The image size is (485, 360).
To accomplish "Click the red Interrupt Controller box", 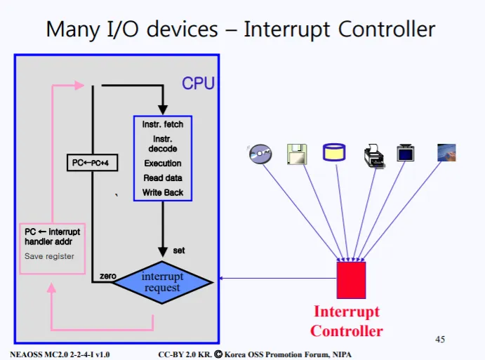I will (351, 279).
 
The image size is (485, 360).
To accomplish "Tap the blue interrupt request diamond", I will (162, 281).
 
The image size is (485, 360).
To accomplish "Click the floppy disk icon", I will (297, 154).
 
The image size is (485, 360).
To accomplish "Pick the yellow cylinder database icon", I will (333, 152).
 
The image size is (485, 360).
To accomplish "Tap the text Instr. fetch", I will (163, 124).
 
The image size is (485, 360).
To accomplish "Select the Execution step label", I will (163, 164).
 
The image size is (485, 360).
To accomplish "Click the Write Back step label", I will (163, 192).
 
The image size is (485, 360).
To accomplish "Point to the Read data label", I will (163, 178).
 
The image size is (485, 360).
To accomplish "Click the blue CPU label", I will (198, 84).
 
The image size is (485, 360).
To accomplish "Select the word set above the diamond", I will (178, 250).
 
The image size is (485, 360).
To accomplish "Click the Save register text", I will (49, 256).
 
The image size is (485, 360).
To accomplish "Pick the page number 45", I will (440, 340).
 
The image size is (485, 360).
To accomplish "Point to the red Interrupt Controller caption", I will (347, 321).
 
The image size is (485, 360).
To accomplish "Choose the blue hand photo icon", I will (446, 152).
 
